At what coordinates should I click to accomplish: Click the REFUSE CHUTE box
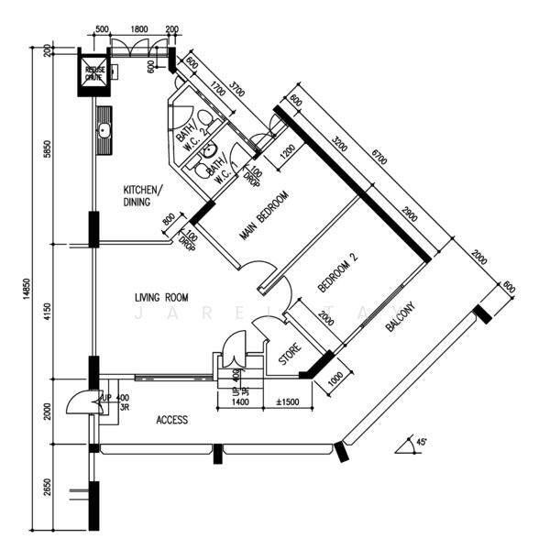[95, 72]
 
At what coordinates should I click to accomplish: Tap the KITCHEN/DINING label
[142, 195]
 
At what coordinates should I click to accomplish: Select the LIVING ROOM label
[161, 297]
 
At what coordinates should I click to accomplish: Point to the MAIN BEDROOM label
[264, 215]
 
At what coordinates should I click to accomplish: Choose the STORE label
[290, 358]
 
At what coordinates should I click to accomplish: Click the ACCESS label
[171, 420]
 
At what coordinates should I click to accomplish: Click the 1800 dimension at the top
[139, 29]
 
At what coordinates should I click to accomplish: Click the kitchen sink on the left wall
[104, 131]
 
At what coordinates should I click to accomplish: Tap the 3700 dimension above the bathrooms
[236, 90]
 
